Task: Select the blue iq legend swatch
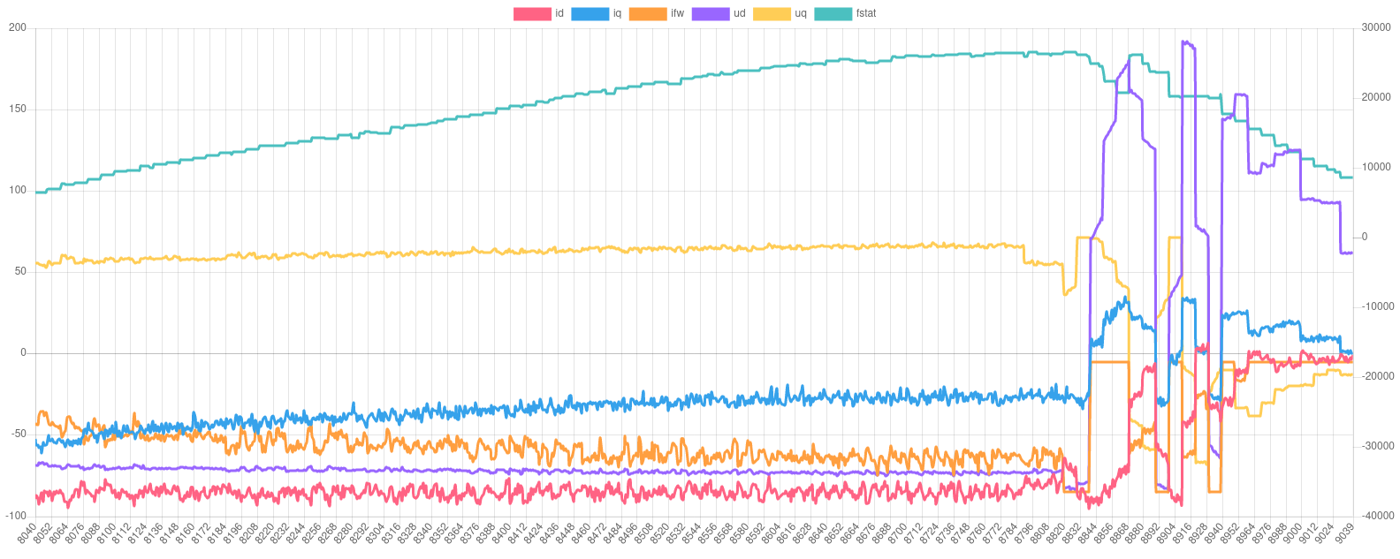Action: point(590,14)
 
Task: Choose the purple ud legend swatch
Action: point(709,14)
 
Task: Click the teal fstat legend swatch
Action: point(832,14)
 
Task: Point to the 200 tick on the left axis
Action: point(18,27)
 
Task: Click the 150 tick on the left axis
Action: point(18,109)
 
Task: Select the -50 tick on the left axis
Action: point(18,434)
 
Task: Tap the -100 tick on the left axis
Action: point(16,515)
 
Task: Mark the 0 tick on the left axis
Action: point(23,352)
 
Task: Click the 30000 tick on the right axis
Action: point(1375,27)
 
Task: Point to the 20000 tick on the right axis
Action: point(1375,97)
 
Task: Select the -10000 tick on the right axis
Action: point(1375,306)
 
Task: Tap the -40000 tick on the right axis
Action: point(1375,515)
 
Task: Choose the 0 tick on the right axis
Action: point(1365,237)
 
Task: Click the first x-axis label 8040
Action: point(28,533)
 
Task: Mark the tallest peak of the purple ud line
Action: point(1184,41)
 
